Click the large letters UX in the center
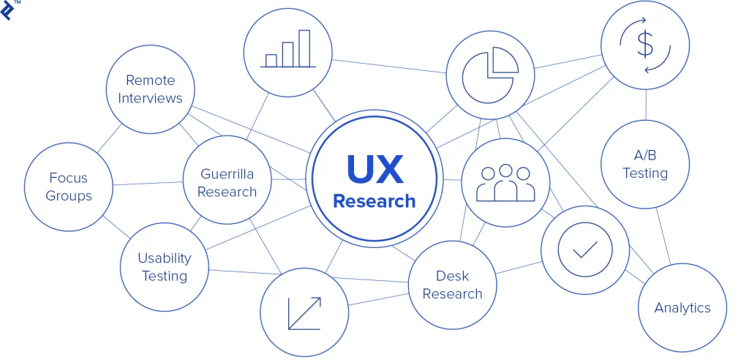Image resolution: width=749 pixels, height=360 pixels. [374, 169]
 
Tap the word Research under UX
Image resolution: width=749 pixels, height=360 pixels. [374, 201]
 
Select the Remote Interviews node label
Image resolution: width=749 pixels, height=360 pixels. [151, 89]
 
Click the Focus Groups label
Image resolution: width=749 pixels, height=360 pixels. [69, 187]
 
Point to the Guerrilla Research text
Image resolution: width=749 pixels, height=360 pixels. [227, 183]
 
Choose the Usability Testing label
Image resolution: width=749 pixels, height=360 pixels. [165, 267]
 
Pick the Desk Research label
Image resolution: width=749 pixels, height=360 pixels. [452, 285]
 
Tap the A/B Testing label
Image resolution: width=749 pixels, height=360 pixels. [645, 164]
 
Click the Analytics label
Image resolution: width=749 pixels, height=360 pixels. [682, 307]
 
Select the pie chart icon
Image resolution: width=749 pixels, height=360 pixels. [490, 75]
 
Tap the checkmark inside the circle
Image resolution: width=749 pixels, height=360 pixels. [585, 249]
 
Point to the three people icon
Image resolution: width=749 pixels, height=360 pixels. [505, 183]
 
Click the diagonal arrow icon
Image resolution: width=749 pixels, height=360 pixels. [304, 313]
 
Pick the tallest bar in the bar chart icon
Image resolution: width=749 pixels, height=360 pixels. [304, 48]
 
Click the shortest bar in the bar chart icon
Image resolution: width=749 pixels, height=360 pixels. [271, 61]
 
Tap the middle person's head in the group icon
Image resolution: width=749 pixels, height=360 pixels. [505, 170]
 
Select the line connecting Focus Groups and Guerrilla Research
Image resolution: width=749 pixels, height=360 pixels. [148, 183]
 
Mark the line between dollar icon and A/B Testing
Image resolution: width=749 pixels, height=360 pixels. [645, 105]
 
